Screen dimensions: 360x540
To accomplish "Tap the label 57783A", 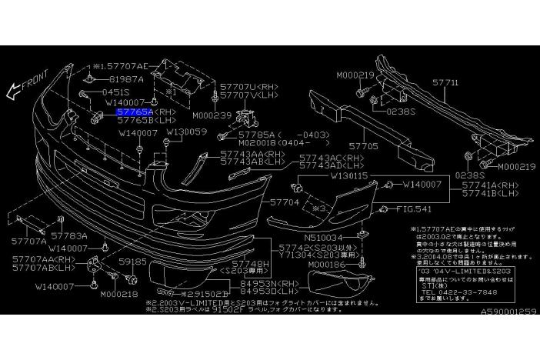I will click(69, 236).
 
